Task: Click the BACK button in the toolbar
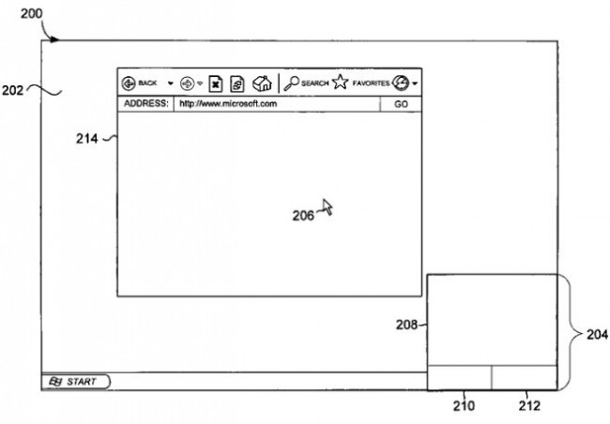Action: (x=139, y=83)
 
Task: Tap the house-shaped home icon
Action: (x=262, y=83)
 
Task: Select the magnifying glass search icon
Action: (x=291, y=83)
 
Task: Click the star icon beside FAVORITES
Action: (x=341, y=82)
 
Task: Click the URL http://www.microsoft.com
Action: (x=228, y=104)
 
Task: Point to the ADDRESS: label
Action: (x=146, y=103)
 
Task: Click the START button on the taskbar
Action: (x=76, y=382)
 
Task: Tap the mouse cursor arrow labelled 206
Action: (x=328, y=207)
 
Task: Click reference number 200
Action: (x=32, y=14)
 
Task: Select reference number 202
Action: (x=12, y=91)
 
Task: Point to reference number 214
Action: (x=86, y=139)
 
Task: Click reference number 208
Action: (x=406, y=325)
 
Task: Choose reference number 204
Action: (x=597, y=334)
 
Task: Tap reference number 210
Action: (x=465, y=406)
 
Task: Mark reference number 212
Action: (x=529, y=406)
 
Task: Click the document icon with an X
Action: (x=216, y=83)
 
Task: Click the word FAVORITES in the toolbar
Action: (x=371, y=83)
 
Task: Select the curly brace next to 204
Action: (x=572, y=333)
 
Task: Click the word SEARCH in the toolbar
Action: (x=315, y=83)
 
